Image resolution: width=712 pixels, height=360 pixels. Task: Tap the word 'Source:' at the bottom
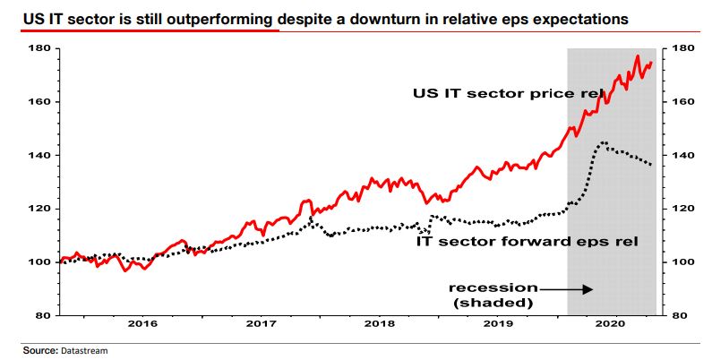click(39, 351)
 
